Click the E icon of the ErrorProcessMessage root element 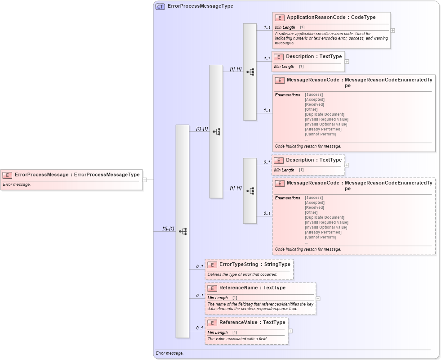(x=7, y=175)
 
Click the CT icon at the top (x=160, y=6)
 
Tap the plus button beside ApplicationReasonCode (x=393, y=31)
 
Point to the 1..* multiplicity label (x=267, y=58)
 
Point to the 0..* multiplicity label (x=267, y=162)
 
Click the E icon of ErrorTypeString (x=212, y=265)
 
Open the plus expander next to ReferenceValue (x=290, y=331)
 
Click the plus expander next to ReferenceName (x=318, y=298)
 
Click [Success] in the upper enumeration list (x=314, y=95)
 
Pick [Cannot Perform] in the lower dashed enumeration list (x=321, y=237)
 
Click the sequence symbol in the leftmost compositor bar (x=183, y=231)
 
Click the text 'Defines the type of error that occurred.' (x=242, y=274)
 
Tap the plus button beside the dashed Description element (x=347, y=165)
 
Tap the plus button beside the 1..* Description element (x=347, y=62)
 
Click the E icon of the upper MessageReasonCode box (x=280, y=81)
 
